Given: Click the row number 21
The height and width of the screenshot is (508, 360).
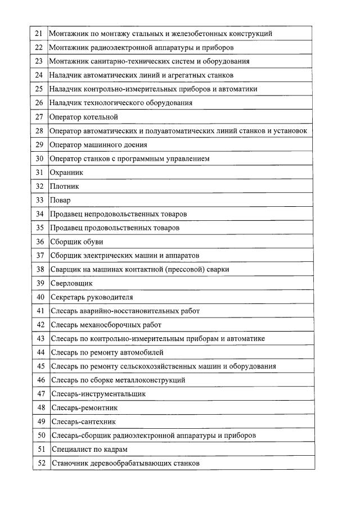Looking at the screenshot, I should click(x=39, y=34).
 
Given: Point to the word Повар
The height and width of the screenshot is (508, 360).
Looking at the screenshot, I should click(x=60, y=200).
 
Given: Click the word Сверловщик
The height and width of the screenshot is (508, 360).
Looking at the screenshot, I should click(x=71, y=283).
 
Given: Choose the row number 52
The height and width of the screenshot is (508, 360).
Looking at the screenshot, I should click(x=41, y=464).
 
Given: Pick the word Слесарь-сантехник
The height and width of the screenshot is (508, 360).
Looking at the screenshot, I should click(x=84, y=421).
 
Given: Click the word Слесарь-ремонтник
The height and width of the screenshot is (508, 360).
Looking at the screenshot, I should click(x=84, y=407).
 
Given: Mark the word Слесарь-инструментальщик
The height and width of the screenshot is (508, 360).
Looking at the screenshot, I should click(x=98, y=394).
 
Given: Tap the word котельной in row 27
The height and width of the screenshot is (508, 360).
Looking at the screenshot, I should click(x=101, y=117).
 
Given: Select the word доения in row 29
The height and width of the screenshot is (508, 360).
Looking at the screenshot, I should click(x=134, y=145).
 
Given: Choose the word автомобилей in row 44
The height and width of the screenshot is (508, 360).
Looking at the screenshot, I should click(x=143, y=352).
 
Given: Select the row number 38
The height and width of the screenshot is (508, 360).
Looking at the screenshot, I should click(x=40, y=269).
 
